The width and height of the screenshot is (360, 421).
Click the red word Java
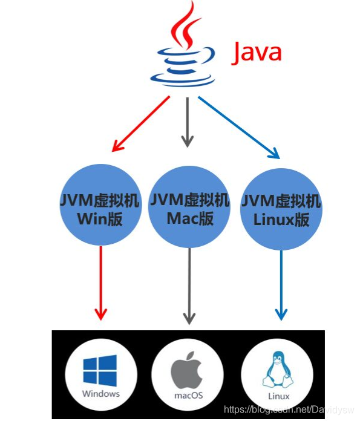(257, 53)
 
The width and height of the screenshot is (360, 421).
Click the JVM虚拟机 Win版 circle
(100, 207)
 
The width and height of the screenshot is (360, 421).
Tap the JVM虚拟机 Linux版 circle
(281, 209)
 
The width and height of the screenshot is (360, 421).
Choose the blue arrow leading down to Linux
(281, 284)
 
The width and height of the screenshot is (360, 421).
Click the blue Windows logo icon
(101, 370)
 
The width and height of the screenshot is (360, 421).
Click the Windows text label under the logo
(101, 394)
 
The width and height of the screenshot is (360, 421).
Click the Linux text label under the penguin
(277, 397)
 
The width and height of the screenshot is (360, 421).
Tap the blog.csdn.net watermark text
(291, 410)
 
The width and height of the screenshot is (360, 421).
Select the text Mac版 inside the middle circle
(189, 218)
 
